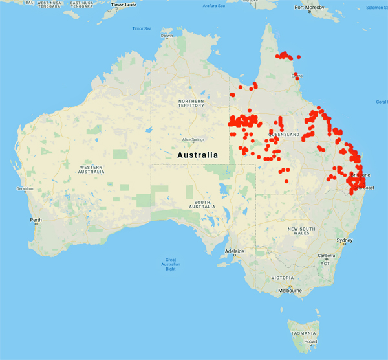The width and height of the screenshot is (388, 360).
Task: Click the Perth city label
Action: [x=36, y=220]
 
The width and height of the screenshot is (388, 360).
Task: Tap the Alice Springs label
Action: [x=193, y=139]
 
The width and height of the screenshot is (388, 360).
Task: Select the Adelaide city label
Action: [x=234, y=251]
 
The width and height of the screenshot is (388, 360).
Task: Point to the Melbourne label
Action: [x=290, y=291]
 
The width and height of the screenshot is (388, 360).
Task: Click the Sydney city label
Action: [x=345, y=241]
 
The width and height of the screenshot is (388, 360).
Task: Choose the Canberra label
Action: [x=326, y=256]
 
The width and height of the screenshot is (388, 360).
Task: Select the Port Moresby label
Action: [x=308, y=8]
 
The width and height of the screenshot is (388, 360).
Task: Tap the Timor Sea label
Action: [x=142, y=28]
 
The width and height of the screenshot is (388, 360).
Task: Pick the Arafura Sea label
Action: [x=213, y=6]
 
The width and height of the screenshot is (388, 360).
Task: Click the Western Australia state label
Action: [x=91, y=168]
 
